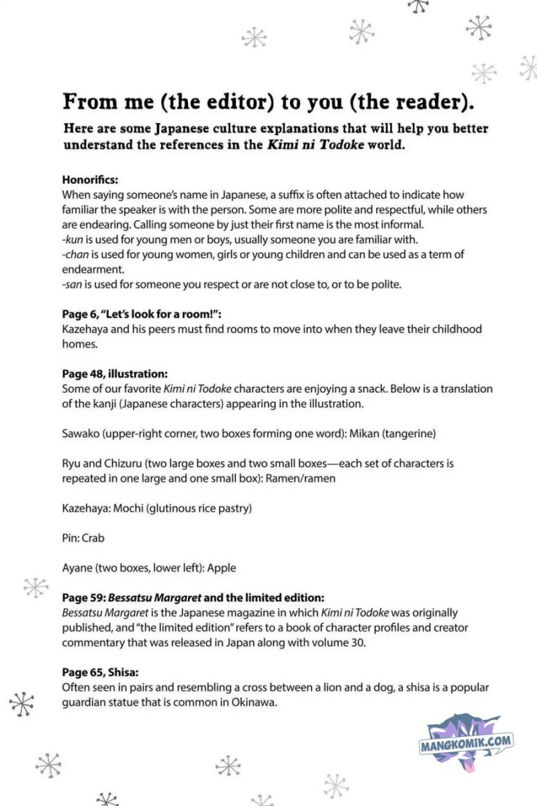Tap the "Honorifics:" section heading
[90, 181]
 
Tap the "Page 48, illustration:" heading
[115, 374]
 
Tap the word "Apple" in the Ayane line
[222, 568]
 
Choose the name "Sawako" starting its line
[81, 434]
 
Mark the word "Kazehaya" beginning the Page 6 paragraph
[85, 329]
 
